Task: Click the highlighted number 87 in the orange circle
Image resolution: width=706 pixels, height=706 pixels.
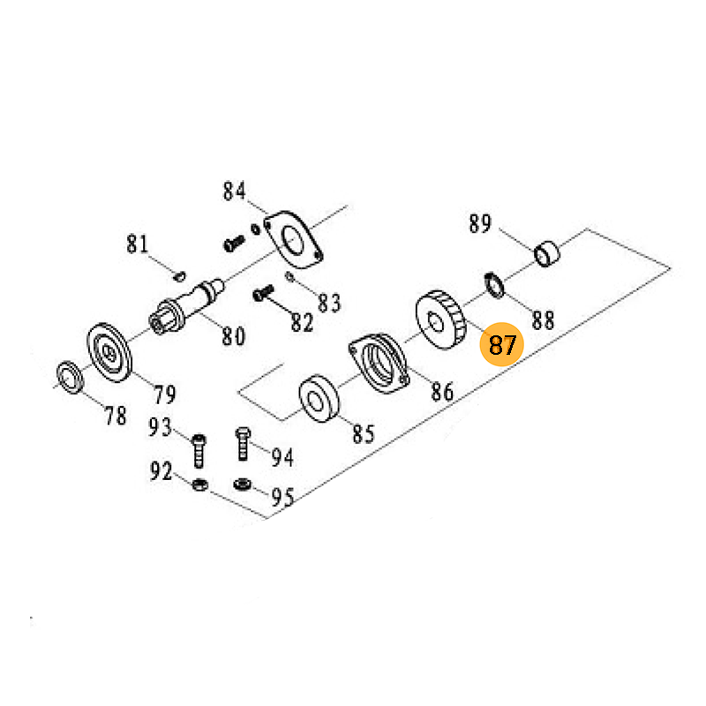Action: click(x=501, y=345)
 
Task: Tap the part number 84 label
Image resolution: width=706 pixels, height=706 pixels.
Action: click(x=235, y=191)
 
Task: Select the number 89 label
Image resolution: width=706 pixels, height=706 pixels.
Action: click(x=480, y=223)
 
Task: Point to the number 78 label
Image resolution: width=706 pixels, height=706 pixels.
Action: click(x=116, y=415)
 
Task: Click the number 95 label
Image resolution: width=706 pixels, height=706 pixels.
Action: click(x=282, y=497)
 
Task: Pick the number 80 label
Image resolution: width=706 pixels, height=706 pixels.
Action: click(x=234, y=336)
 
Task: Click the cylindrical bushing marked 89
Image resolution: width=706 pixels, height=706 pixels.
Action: click(x=547, y=254)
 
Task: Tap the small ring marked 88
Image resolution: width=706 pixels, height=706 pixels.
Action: click(x=494, y=285)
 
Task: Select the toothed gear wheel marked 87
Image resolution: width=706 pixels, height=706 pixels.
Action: click(x=439, y=319)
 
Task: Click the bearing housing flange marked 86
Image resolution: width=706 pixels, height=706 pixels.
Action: click(x=379, y=363)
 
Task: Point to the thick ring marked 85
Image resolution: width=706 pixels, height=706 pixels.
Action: click(x=319, y=399)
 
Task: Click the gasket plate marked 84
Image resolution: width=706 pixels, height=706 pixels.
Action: click(x=293, y=239)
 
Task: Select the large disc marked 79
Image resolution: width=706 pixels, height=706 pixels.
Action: click(x=109, y=352)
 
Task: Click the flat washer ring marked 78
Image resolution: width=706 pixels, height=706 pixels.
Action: click(x=71, y=377)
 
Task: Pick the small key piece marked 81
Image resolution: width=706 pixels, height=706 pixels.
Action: click(x=180, y=276)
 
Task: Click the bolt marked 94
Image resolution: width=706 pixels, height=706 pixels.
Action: click(x=243, y=444)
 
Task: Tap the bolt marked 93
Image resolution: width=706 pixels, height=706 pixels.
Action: click(x=199, y=451)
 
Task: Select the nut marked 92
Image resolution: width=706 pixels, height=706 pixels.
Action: click(x=199, y=484)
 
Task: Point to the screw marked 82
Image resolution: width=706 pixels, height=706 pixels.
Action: click(x=263, y=293)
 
